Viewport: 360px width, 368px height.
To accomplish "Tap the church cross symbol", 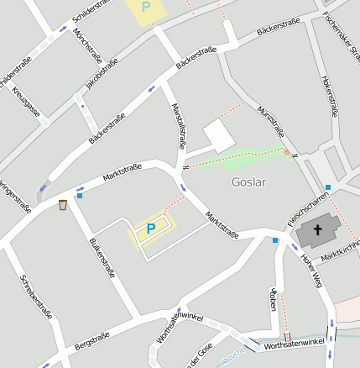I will pyautogui.click(x=319, y=229).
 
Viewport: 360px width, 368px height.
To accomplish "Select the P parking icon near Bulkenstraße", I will pyautogui.click(x=151, y=228).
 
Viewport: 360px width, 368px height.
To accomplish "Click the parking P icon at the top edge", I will pyautogui.click(x=147, y=8).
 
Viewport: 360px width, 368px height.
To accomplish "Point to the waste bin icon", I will pyautogui.click(x=63, y=204).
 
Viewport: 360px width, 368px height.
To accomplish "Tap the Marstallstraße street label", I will pyautogui.click(x=179, y=126).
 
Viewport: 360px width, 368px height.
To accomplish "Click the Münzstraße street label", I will pyautogui.click(x=272, y=122).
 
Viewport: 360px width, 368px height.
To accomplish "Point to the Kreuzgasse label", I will pyautogui.click(x=26, y=102).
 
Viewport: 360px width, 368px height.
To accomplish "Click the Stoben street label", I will pyautogui.click(x=274, y=300).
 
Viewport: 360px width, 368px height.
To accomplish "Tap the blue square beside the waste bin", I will pyautogui.click(x=80, y=196).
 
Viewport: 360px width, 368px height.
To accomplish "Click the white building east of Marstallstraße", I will pyautogui.click(x=220, y=135).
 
